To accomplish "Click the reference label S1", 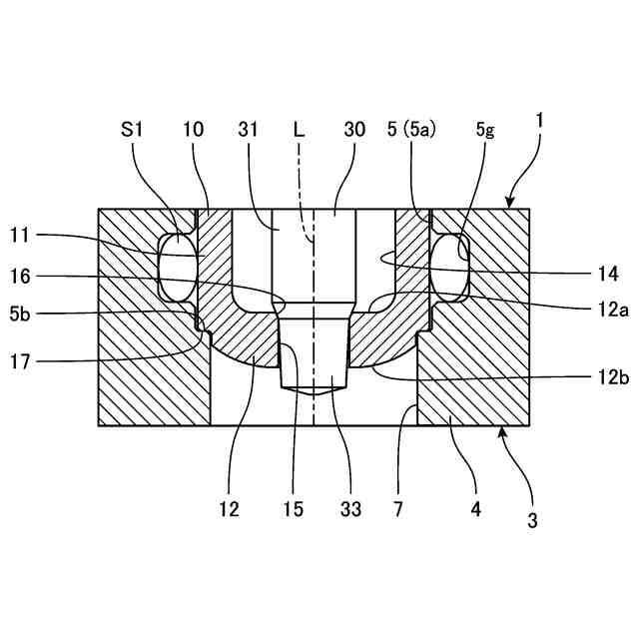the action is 132,129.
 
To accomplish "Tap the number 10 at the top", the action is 194,129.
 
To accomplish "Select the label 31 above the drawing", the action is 250,129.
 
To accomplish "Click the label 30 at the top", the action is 354,129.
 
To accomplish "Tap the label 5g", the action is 485,129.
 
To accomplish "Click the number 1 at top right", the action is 539,120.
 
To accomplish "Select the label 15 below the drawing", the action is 292,509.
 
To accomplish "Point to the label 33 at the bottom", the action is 349,509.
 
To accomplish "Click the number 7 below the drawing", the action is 397,509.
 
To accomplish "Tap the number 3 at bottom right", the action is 532,520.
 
